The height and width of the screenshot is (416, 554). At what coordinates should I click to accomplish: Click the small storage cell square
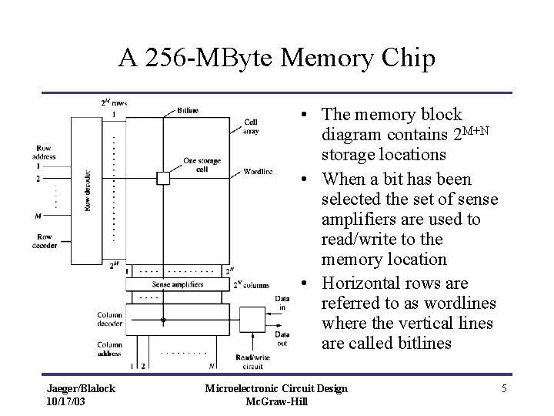[x=162, y=178]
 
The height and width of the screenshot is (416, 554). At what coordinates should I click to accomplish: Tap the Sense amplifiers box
[x=178, y=284]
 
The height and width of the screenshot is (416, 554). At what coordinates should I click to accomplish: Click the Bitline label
[x=187, y=111]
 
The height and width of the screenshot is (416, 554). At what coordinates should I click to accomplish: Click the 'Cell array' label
[x=252, y=127]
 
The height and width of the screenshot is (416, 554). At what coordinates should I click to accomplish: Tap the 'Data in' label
[x=282, y=303]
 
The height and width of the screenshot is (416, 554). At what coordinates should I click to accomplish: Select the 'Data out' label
[x=282, y=339]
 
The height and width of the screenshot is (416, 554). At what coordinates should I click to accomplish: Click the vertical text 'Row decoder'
[x=88, y=190]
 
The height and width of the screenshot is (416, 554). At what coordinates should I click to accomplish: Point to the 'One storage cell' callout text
[x=202, y=166]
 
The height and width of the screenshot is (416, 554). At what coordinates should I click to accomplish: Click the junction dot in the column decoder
[x=162, y=319]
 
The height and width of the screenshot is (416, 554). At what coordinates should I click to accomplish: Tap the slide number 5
[x=504, y=388]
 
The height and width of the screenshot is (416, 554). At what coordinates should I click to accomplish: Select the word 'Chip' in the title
[x=406, y=58]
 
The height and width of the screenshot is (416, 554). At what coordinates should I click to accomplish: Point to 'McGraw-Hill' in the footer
[x=276, y=401]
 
